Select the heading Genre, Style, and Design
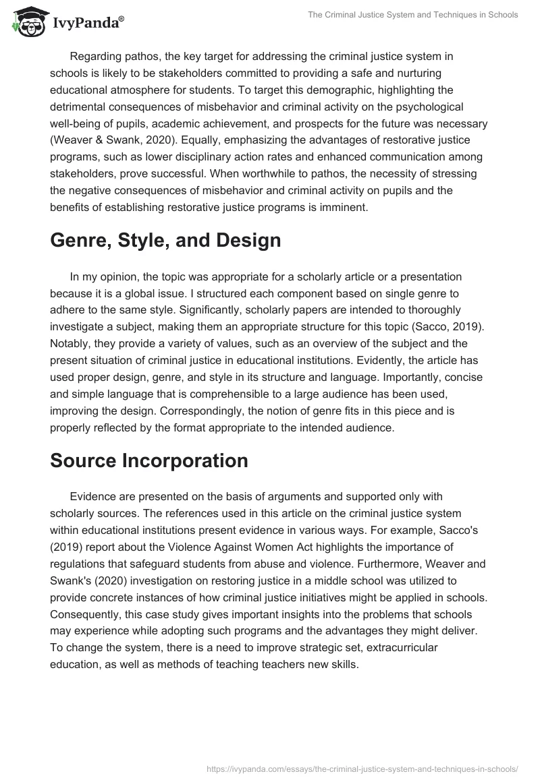(165, 240)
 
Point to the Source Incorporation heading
(149, 460)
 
